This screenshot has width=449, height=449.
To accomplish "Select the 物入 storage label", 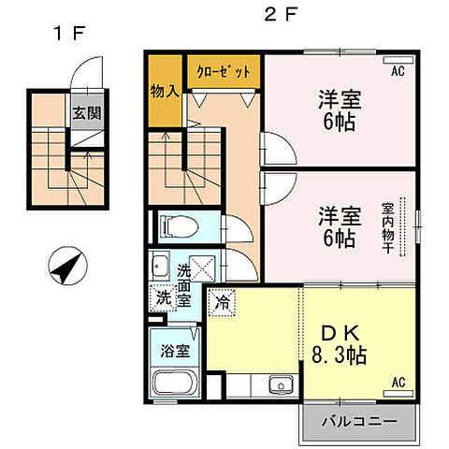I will (x=166, y=91).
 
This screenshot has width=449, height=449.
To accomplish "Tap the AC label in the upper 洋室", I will (x=397, y=71).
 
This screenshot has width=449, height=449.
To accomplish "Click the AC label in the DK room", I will (x=397, y=382).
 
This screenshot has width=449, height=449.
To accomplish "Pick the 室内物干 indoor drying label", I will (x=386, y=228).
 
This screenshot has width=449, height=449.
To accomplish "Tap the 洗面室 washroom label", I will (x=184, y=285).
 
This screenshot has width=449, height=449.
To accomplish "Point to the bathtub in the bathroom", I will (x=175, y=384).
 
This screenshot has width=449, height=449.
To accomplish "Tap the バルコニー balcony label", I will (x=356, y=423).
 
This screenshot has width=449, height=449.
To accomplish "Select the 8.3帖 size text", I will (x=338, y=356).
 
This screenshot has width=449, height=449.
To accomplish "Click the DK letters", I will (x=338, y=332).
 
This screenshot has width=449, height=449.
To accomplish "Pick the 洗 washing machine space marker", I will (x=163, y=299).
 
